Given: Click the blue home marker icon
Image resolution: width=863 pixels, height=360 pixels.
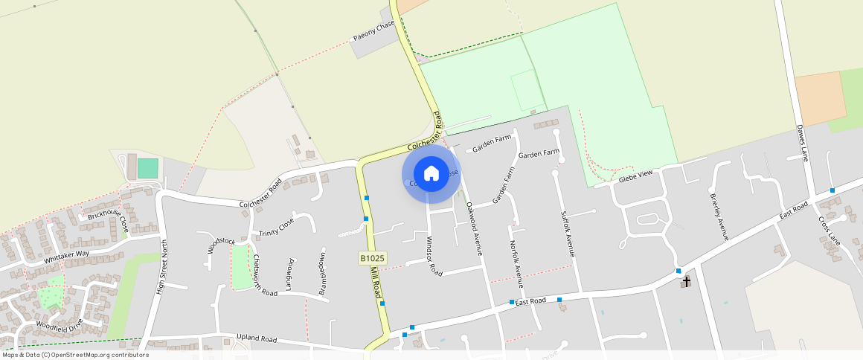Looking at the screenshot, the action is (431, 173).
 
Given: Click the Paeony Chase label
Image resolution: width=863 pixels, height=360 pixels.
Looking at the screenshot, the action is (373, 31).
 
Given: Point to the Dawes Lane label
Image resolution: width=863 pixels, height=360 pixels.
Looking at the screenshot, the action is (801, 143).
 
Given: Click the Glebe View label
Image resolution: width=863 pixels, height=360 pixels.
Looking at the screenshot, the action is (635, 176).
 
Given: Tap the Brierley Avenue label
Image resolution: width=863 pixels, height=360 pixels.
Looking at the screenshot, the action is (719, 216).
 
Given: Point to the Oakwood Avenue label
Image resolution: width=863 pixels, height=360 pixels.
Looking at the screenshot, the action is (474, 228).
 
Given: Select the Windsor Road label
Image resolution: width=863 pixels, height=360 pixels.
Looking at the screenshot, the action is (433, 256).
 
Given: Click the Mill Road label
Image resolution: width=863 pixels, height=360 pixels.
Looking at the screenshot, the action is (376, 285).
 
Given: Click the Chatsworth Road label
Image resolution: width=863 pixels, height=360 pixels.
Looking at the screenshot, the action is (264, 276).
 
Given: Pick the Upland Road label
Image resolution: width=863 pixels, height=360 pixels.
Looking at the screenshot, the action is (256, 339).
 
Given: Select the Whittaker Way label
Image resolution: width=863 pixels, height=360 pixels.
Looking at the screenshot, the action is (66, 257).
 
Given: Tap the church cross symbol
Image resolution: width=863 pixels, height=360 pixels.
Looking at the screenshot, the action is (686, 281).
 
